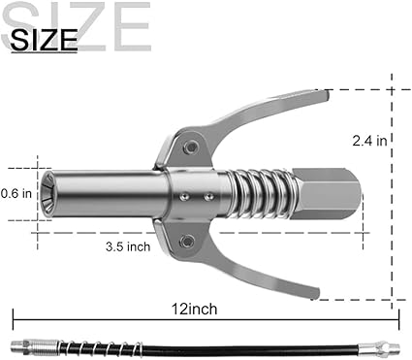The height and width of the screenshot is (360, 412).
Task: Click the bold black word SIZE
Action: (x=44, y=40)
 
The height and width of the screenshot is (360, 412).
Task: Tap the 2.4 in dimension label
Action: (x=369, y=141)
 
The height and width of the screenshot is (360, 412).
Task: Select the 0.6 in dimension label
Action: (x=16, y=193)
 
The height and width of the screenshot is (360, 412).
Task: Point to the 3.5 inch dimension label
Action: (x=128, y=246)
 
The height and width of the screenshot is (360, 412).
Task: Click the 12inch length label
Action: (x=194, y=309)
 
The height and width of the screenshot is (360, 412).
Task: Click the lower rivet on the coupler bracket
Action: (x=187, y=241)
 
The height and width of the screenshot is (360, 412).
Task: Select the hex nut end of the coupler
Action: (x=325, y=194)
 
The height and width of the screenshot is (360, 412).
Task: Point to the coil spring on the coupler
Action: (x=262, y=194)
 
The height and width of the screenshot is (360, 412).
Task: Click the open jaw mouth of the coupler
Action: (x=48, y=194)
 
